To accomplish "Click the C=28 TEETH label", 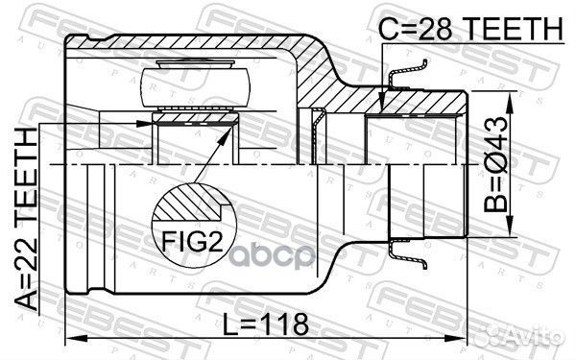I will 468,29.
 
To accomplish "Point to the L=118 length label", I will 266,324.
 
